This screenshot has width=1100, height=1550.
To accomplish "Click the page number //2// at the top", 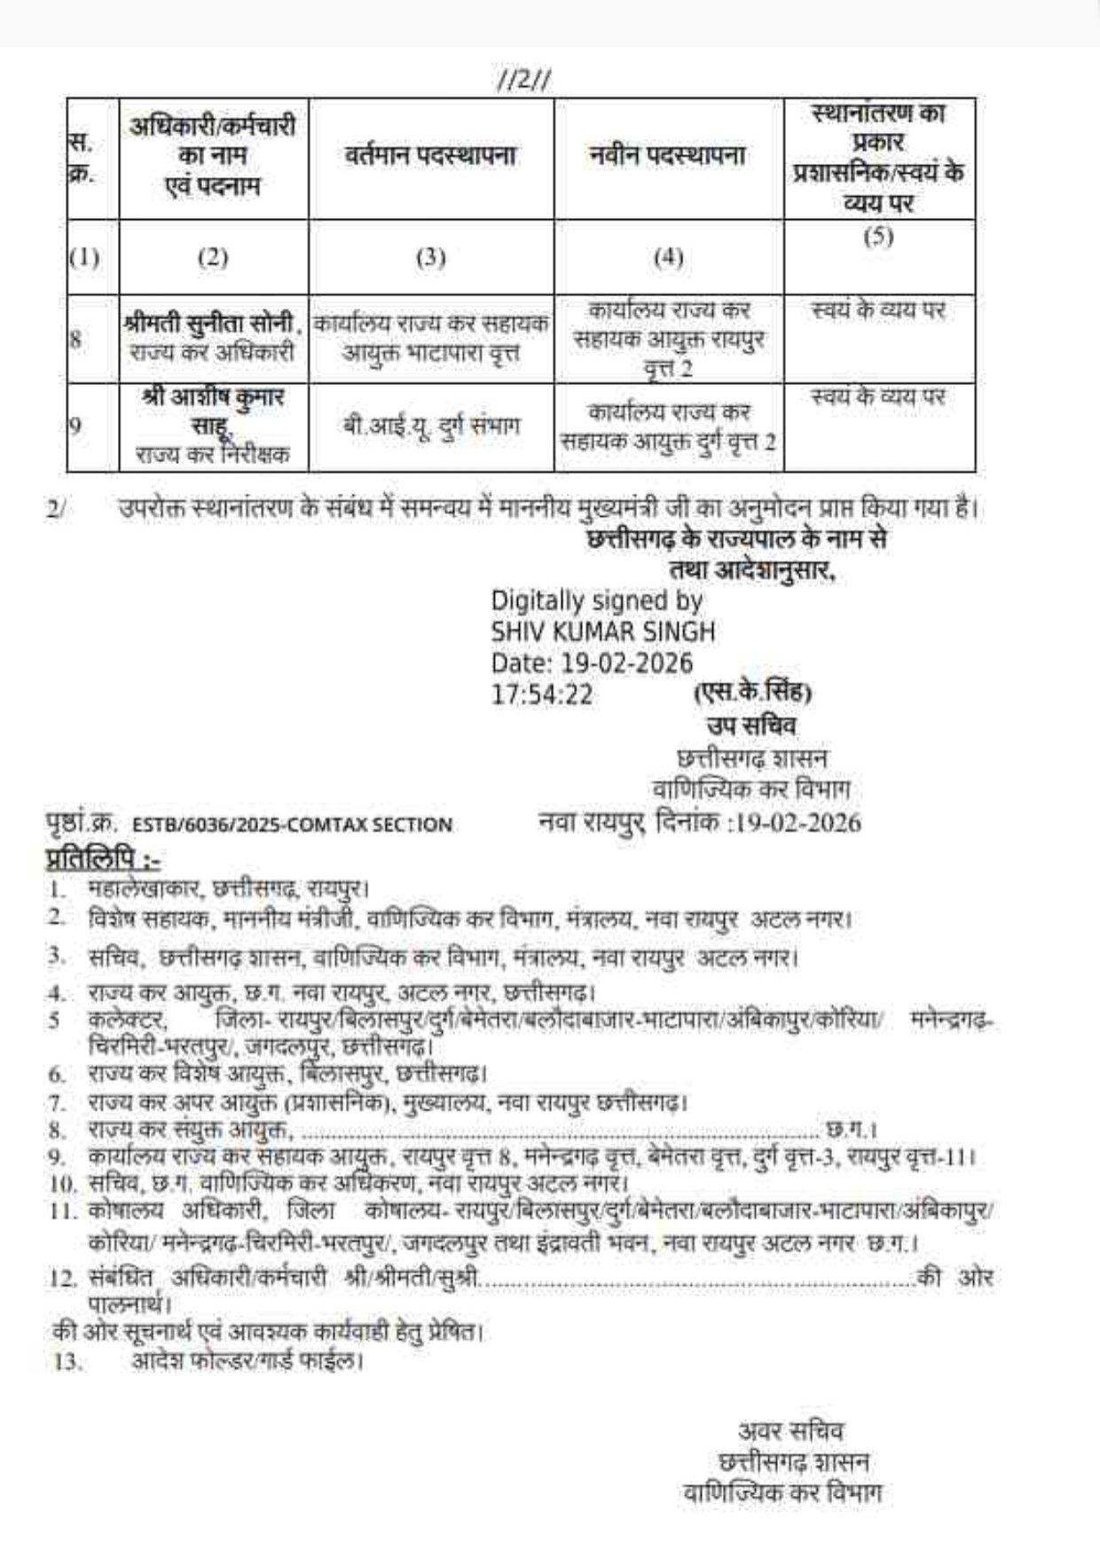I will pyautogui.click(x=524, y=82).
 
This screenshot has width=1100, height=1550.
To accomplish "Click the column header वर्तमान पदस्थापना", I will pyautogui.click(x=431, y=157).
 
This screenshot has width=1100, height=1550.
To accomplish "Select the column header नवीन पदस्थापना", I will pyautogui.click(x=668, y=157).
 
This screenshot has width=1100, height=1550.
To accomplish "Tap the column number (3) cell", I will pyautogui.click(x=431, y=258).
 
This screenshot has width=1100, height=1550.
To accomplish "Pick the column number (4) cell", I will pyautogui.click(x=668, y=258).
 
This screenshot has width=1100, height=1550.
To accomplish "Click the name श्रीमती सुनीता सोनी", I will pyautogui.click(x=213, y=325).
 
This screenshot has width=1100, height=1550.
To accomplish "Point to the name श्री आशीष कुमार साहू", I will pyautogui.click(x=213, y=410).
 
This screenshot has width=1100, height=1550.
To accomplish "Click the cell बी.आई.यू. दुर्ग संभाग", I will pyautogui.click(x=432, y=427).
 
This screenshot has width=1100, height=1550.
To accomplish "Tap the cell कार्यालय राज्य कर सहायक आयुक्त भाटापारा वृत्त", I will pyautogui.click(x=432, y=340).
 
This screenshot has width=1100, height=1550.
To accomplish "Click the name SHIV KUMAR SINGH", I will pyautogui.click(x=603, y=632).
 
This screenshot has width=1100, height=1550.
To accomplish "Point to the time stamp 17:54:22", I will pyautogui.click(x=542, y=694).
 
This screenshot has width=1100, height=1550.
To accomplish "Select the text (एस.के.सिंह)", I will pyautogui.click(x=752, y=692).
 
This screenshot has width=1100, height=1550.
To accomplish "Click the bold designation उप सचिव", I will pyautogui.click(x=751, y=726).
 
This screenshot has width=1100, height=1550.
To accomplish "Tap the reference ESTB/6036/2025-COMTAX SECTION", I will pyautogui.click(x=292, y=826).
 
